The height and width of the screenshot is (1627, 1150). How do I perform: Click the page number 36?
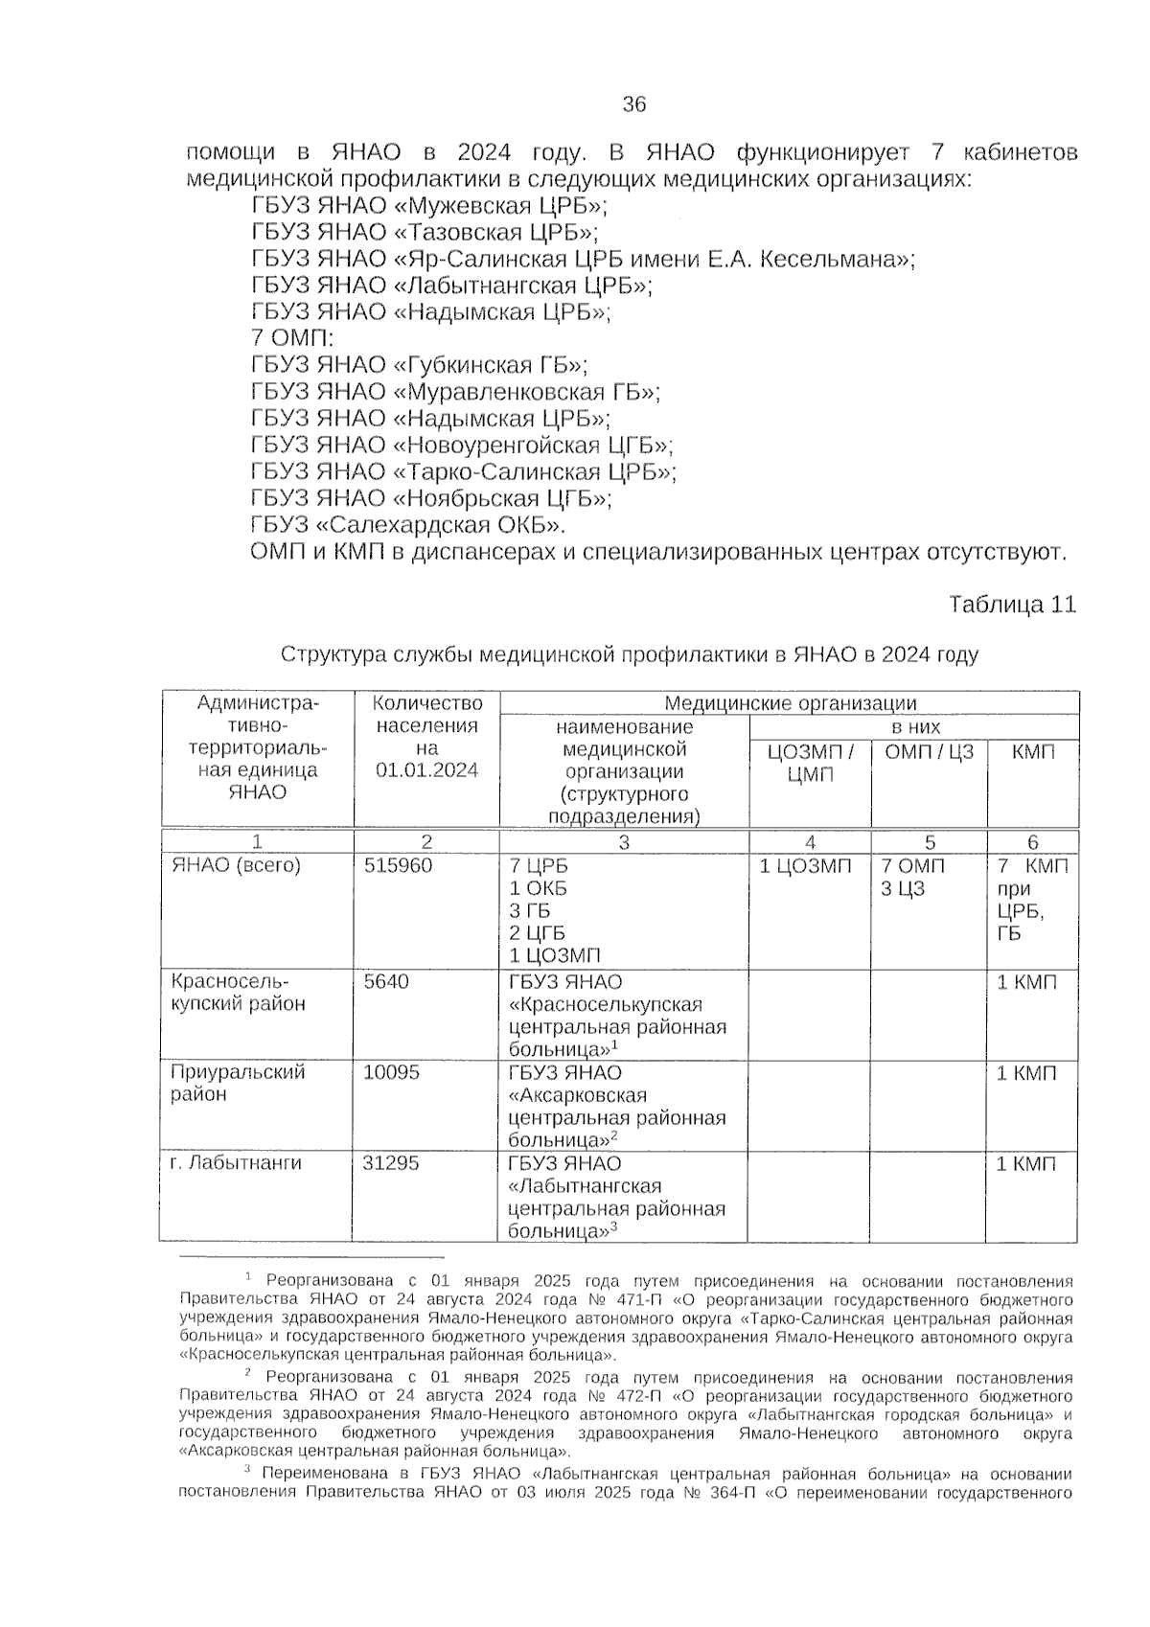633,104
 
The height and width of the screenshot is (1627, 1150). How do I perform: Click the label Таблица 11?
1012,606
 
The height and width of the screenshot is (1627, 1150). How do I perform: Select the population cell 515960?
398,866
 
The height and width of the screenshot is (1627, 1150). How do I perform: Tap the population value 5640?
386,982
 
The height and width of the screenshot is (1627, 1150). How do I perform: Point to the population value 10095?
391,1072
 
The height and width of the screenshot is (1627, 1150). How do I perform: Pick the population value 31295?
391,1163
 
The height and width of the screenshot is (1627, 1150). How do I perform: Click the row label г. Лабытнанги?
236,1163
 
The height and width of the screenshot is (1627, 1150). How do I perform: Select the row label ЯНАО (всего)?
236,866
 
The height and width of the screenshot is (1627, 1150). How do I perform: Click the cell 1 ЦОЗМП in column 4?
805,866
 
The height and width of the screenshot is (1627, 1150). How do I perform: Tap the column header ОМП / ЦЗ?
928,752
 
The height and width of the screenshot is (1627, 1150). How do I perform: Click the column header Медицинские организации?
790,704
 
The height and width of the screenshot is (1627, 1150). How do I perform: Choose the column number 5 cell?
929,843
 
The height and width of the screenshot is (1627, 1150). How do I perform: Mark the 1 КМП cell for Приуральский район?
1026,1073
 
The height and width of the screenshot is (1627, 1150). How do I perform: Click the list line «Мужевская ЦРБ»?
429,206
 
